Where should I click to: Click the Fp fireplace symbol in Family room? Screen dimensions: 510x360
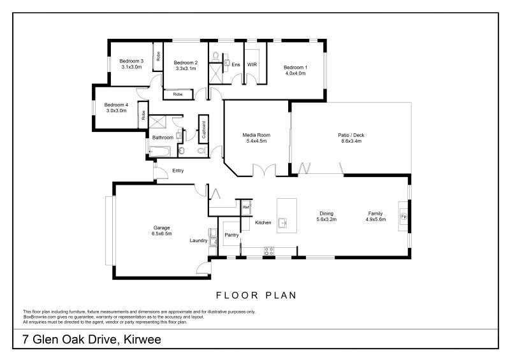[x=404, y=216]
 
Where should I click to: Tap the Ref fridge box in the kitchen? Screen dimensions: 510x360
[x=246, y=207]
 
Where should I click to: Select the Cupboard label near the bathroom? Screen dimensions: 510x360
[x=204, y=130]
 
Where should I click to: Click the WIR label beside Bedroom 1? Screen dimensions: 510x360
[x=252, y=65]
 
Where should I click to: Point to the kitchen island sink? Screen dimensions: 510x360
[x=283, y=222]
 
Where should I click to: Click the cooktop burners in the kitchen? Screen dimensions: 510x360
[x=268, y=251]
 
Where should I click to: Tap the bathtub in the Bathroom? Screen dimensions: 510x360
[x=159, y=151]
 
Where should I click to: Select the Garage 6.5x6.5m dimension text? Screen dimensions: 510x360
[x=162, y=233]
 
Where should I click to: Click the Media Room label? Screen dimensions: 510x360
[x=256, y=135]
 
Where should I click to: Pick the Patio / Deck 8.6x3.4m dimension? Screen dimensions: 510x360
[x=351, y=141]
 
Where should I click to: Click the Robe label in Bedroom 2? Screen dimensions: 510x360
[x=178, y=94]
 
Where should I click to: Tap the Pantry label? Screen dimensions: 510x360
[x=231, y=235]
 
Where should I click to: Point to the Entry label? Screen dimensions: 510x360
[x=178, y=170]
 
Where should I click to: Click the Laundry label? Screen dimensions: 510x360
[x=198, y=240]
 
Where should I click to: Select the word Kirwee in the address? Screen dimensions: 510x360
[x=143, y=339]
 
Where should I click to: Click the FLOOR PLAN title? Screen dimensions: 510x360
[x=256, y=295]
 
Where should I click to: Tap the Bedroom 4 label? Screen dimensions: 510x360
[x=116, y=104]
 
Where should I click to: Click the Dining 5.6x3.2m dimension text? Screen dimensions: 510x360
[x=326, y=219]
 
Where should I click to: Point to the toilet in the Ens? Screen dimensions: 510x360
[x=215, y=57]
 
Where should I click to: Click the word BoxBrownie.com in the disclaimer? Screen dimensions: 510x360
[x=36, y=317]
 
